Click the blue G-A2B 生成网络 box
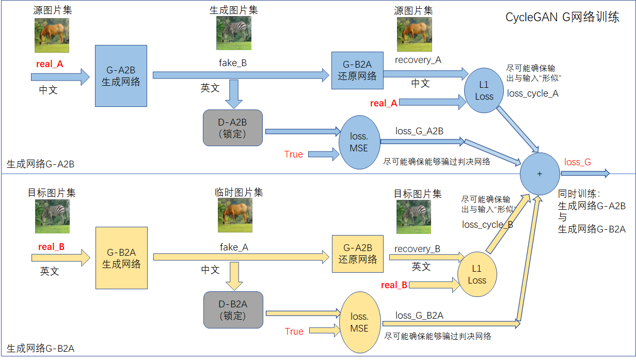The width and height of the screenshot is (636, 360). (121, 76)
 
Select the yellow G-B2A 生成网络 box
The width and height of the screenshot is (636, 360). (121, 258)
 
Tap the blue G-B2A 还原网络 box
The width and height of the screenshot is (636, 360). (357, 70)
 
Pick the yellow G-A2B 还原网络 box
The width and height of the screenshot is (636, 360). (358, 253)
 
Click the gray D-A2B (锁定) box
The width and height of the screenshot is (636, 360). (233, 128)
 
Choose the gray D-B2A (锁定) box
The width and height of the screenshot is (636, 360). (233, 309)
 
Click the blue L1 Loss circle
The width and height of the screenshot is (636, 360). (484, 90)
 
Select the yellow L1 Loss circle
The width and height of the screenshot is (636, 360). (477, 274)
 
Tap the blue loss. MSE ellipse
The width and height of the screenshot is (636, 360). (359, 142)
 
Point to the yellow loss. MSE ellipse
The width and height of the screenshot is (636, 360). (359, 322)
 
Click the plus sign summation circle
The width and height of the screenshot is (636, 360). (540, 174)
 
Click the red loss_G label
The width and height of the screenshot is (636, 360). (578, 162)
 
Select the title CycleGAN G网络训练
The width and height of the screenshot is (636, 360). (562, 18)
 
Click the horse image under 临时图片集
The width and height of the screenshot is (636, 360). (235, 215)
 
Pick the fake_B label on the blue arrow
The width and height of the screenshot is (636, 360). (233, 63)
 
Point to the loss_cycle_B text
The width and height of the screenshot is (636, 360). (487, 225)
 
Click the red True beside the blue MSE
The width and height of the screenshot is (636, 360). (294, 154)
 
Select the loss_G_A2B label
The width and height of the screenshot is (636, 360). (419, 131)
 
